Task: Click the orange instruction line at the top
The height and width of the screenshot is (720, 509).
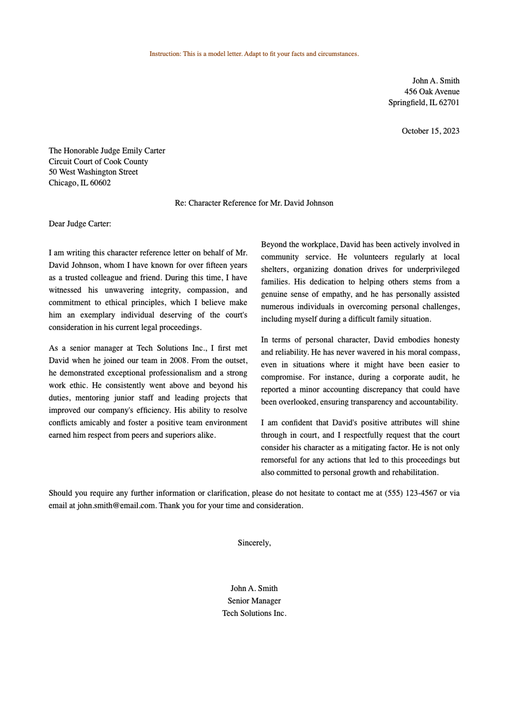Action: (x=254, y=54)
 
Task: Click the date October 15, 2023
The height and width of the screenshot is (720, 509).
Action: (x=430, y=131)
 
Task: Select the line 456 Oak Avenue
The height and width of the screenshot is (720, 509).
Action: (x=431, y=91)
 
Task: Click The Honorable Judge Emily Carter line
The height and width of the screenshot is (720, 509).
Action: (x=107, y=151)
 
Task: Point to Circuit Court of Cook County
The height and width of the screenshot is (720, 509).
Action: (x=98, y=161)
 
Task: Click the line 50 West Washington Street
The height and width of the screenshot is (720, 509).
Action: (x=93, y=172)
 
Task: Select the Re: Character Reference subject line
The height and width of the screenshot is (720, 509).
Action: (x=254, y=203)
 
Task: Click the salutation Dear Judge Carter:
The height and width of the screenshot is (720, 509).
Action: (x=80, y=224)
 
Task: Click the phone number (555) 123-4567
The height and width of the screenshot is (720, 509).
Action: (x=411, y=493)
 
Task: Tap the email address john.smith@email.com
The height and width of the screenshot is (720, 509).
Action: (x=116, y=506)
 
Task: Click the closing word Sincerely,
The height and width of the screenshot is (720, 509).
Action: (x=254, y=543)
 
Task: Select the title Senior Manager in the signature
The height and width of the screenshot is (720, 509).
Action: (x=254, y=601)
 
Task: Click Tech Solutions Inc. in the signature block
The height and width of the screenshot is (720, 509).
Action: (x=254, y=613)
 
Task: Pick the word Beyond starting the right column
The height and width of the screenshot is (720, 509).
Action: (x=273, y=244)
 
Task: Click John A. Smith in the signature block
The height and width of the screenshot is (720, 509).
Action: (x=254, y=588)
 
